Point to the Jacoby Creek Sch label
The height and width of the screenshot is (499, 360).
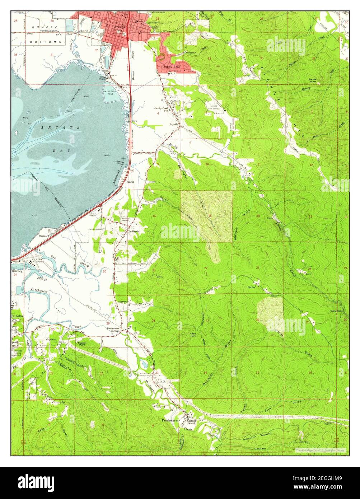[x=162, y=109]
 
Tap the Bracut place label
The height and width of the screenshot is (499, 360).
[x=130, y=182]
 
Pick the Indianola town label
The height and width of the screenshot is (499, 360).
[x=135, y=232]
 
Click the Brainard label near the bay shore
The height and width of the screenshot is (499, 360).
[x=46, y=237]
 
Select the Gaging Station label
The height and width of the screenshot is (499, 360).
[x=337, y=311]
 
